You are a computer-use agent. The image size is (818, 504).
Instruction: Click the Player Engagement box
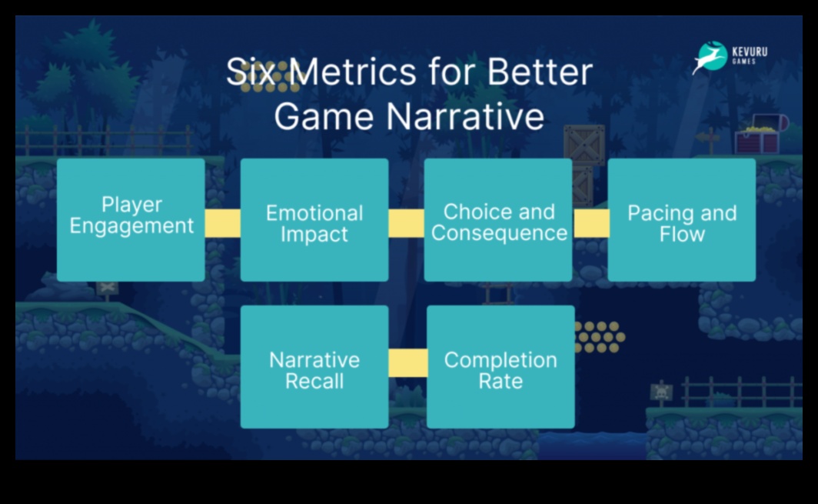point(131,220)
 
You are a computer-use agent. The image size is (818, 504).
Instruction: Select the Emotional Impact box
point(314,220)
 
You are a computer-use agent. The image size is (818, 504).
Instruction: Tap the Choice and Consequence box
point(498,220)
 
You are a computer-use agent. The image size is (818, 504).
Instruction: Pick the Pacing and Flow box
point(682,220)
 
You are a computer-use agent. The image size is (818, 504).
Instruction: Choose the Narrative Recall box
point(314,366)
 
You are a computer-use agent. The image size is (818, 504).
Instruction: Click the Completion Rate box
point(500,366)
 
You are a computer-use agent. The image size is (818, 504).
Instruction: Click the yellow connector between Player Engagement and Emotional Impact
point(223,223)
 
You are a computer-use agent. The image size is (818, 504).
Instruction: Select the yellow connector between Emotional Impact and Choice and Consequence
point(407,223)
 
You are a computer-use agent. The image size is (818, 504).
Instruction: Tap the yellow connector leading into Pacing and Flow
point(591,223)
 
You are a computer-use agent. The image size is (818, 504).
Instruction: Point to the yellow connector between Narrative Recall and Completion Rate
point(408,363)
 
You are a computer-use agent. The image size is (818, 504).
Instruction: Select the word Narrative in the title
point(465,116)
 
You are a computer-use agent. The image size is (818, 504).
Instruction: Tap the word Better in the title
point(540,72)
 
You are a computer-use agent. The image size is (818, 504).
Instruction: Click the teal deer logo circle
point(712,56)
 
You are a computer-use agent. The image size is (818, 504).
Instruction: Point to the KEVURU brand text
point(750,52)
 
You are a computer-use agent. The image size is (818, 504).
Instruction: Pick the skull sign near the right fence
point(661,392)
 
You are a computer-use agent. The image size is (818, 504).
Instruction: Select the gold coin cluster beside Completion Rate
point(600,337)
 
